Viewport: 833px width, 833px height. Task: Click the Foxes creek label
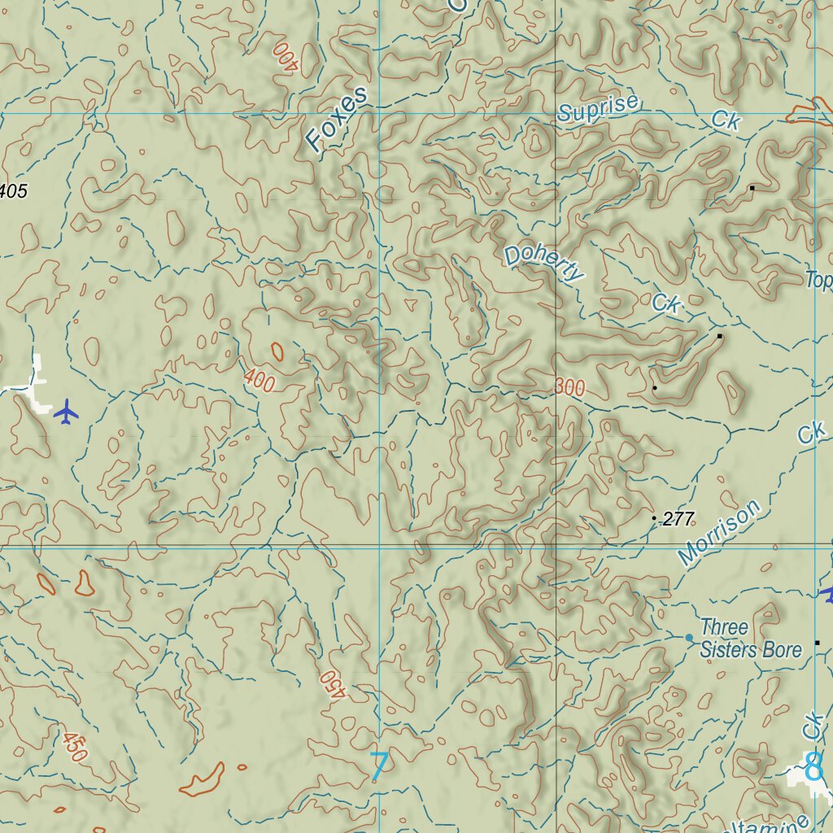338,120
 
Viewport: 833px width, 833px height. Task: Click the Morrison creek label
720,533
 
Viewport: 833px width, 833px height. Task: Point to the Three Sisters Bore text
750,639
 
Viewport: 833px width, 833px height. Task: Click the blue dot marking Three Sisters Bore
689,637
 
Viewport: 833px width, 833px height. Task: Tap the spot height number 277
678,519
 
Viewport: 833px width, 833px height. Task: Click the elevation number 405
14,192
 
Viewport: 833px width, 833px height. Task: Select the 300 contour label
570,388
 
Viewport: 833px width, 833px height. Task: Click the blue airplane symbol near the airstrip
66,412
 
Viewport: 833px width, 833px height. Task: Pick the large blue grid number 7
378,767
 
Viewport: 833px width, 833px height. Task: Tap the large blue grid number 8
813,766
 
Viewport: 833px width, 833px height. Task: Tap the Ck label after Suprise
726,120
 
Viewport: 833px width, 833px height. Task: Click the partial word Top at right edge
818,281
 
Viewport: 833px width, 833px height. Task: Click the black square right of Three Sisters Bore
817,643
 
